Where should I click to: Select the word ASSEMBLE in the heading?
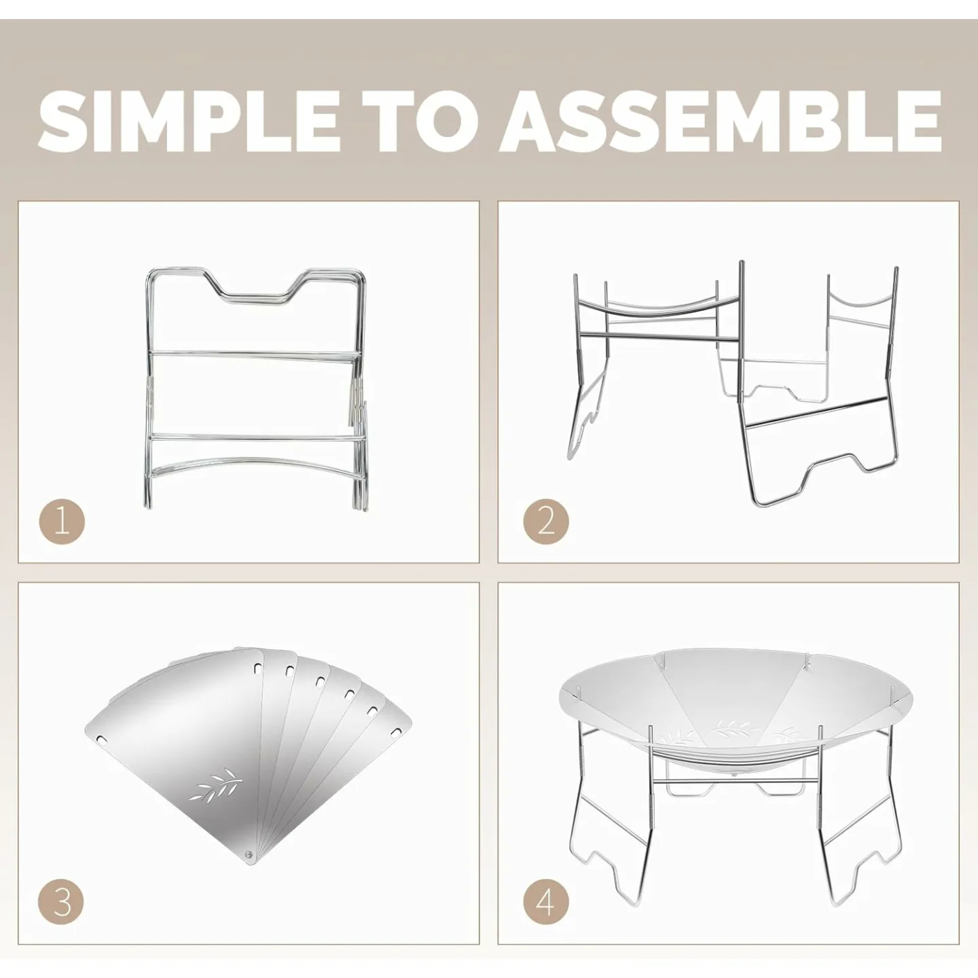click(x=721, y=121)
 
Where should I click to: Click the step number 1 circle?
click(x=62, y=522)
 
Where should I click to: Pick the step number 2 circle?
click(x=546, y=522)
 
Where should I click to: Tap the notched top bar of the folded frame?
click(x=256, y=294)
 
